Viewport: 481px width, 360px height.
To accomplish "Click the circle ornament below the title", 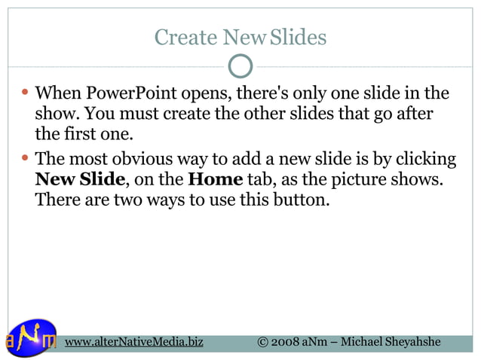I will tap(240, 66).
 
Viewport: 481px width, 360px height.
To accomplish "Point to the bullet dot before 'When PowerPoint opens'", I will tap(26, 93).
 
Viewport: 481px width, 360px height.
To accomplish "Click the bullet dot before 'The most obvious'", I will tap(26, 159).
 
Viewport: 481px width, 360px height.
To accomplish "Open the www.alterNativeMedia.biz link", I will tap(133, 342).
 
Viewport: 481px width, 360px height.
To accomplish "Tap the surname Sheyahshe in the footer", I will tap(412, 342).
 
